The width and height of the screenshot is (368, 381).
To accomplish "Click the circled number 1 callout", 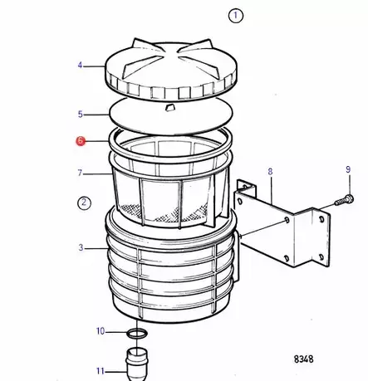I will [236, 15].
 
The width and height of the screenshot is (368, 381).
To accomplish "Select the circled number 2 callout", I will [84, 202].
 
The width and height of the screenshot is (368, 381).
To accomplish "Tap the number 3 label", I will [81, 247].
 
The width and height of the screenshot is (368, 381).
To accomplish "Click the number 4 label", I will [81, 65].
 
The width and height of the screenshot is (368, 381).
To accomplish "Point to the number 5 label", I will [81, 114].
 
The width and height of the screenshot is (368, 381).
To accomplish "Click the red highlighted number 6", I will [81, 142].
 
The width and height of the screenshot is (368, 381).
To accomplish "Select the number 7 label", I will [81, 173].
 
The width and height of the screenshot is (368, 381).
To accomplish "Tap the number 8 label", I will [269, 172].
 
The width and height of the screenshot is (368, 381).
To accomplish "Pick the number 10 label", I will [101, 332].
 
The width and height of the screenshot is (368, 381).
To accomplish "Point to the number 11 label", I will [100, 370].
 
